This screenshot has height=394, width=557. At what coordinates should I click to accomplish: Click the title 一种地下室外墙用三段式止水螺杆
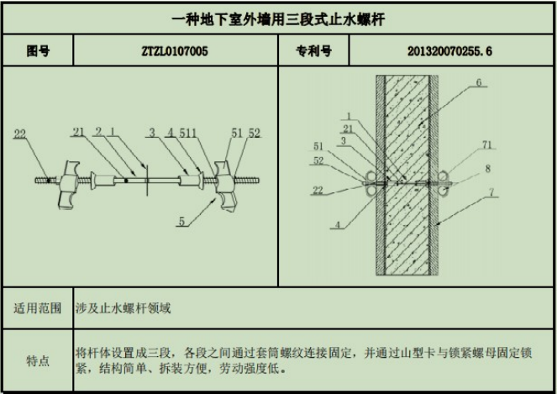click(278, 18)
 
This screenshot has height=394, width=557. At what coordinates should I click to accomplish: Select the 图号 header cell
click(38, 51)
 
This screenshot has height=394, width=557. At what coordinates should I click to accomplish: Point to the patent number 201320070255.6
click(449, 51)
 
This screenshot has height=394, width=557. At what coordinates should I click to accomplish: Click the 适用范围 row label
click(38, 308)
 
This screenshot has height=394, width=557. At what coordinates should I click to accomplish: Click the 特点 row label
click(38, 361)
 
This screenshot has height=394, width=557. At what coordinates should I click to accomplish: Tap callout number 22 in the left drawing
click(20, 133)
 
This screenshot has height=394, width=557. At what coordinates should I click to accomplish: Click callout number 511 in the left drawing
click(189, 132)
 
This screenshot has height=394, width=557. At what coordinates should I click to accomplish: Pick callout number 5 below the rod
click(180, 223)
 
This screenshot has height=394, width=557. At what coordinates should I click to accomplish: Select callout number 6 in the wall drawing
click(477, 83)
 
